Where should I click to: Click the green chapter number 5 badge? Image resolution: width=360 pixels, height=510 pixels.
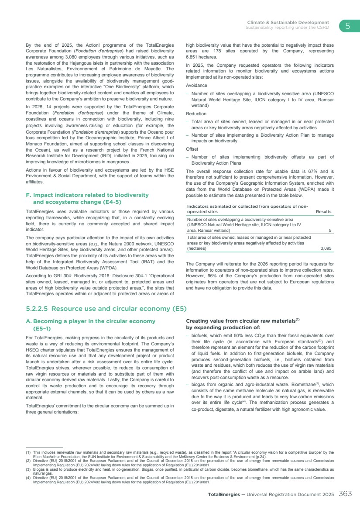tap(348, 26)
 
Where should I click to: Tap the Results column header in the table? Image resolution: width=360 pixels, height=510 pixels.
tap(323, 212)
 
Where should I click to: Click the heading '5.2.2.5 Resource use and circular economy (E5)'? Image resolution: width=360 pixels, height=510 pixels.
tap(106, 309)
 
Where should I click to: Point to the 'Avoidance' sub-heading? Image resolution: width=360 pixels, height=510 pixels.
tap(197, 86)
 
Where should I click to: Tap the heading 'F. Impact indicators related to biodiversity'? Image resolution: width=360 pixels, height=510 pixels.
tap(88, 195)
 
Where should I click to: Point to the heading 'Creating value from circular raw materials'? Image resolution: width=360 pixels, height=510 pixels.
tap(241, 321)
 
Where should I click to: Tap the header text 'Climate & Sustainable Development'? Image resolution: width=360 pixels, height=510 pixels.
tap(288, 22)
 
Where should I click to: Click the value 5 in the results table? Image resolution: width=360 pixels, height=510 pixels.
tap(330, 230)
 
